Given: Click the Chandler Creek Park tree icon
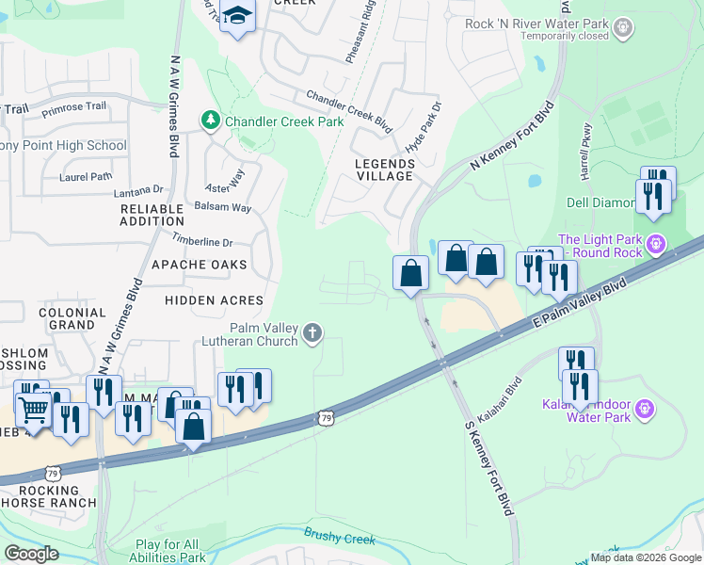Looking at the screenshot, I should [x=209, y=121].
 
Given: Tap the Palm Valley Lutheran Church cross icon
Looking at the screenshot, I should [x=312, y=331].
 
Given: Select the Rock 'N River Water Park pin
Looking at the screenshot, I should [x=622, y=30].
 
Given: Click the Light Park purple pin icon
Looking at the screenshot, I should [x=657, y=246].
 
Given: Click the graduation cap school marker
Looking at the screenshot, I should [x=237, y=17].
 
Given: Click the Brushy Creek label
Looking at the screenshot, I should [x=339, y=538].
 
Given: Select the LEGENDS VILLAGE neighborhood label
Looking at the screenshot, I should [x=384, y=169].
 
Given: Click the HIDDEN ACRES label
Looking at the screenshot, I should [x=214, y=299].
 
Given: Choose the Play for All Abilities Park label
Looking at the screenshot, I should [x=170, y=551].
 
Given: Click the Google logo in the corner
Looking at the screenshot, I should [x=32, y=554].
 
